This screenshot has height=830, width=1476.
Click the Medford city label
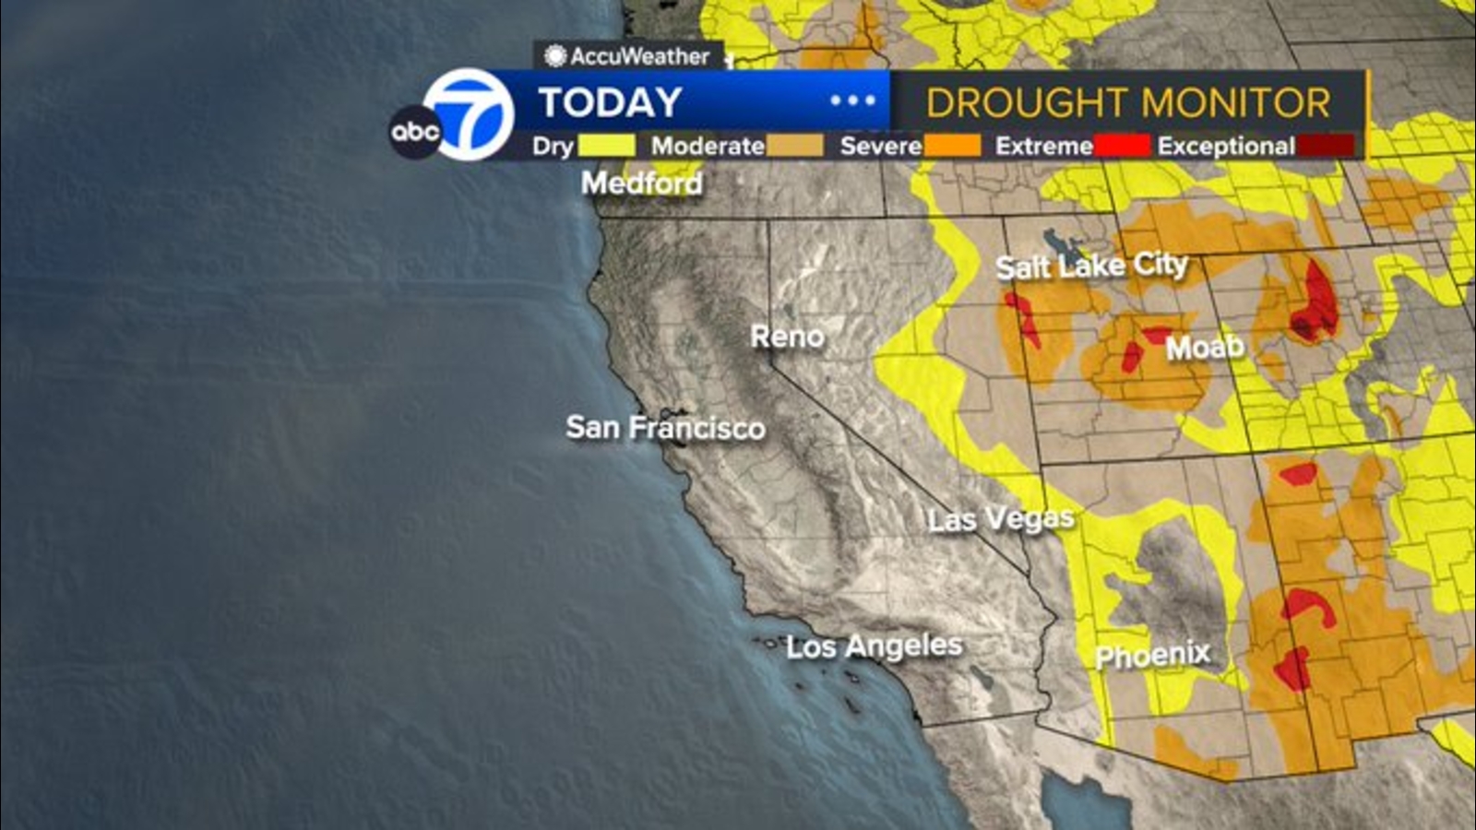[641, 183]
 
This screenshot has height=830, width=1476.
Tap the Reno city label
[787, 337]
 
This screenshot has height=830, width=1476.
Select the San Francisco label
[665, 428]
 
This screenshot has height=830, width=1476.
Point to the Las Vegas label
[1001, 519]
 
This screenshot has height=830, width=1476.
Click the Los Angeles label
[874, 646]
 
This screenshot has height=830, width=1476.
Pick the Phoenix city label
[1152, 656]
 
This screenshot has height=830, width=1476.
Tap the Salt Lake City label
[1091, 267]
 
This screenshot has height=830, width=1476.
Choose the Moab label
[1205, 348]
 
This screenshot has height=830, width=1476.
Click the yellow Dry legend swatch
[606, 146]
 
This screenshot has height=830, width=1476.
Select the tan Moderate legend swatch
[794, 146]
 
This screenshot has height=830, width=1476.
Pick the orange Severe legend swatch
[952, 146]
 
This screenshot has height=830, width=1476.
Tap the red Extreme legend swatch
[1122, 146]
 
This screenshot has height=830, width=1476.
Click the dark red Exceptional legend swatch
[1326, 146]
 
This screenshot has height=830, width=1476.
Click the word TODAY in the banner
[610, 102]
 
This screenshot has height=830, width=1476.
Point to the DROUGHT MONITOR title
[1128, 102]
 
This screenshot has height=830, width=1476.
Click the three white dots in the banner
[852, 101]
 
